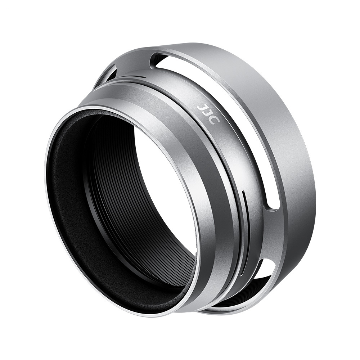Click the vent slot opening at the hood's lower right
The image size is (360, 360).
tap(264, 273)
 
